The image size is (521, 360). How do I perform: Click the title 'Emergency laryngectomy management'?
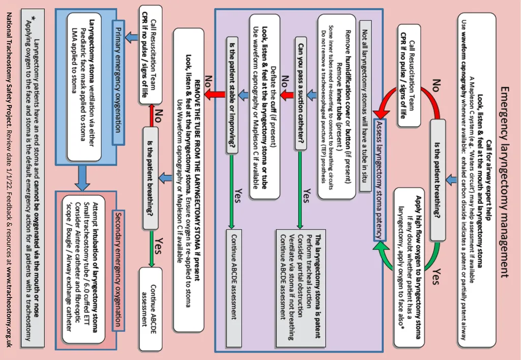pos(504,183)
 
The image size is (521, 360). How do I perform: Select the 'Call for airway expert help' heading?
pos(488,179)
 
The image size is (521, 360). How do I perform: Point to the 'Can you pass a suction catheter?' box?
pos(301,94)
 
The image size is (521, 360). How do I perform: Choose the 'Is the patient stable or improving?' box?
pos(232,95)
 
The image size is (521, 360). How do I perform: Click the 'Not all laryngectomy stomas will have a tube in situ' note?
pos(365,106)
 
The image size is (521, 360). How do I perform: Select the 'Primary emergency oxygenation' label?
pos(118,83)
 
